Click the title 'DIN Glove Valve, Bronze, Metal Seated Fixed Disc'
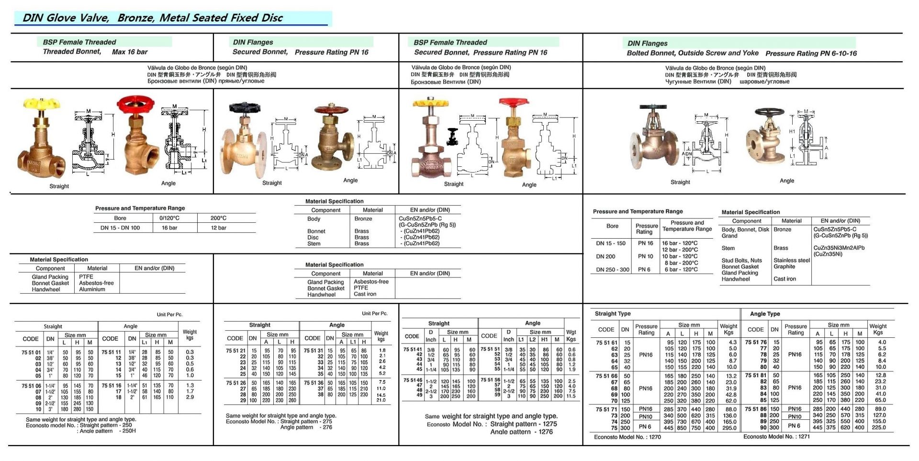(x=153, y=18)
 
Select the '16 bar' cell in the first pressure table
(x=170, y=228)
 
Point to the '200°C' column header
(x=218, y=218)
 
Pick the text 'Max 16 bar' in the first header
(x=130, y=52)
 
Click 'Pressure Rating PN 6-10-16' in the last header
(x=811, y=53)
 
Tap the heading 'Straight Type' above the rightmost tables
(x=612, y=314)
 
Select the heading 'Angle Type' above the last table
(x=764, y=314)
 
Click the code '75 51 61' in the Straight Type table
(x=606, y=343)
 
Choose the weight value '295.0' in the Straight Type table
(x=729, y=428)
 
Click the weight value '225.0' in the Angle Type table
(x=879, y=427)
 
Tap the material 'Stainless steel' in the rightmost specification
(x=791, y=261)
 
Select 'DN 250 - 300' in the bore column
(x=612, y=270)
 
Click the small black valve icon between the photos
(x=452, y=137)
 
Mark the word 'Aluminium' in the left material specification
(x=92, y=289)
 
